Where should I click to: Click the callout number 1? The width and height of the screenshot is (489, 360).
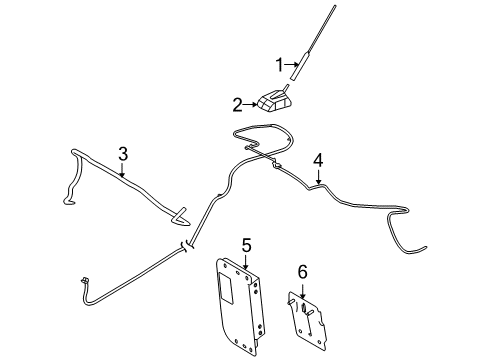(x=279, y=65)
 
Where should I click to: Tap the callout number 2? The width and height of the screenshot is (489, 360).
(x=237, y=105)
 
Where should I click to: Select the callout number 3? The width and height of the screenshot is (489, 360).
(x=123, y=154)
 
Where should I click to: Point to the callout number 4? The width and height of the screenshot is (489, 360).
(x=318, y=160)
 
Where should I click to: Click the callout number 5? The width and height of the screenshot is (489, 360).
(x=246, y=245)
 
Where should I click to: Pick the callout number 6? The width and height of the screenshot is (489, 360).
(x=302, y=272)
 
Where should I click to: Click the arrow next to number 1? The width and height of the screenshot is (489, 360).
(x=292, y=64)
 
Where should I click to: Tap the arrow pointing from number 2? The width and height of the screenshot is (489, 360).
(x=250, y=105)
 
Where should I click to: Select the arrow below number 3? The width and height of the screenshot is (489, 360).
(x=123, y=170)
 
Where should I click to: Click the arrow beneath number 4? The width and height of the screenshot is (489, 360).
(x=319, y=176)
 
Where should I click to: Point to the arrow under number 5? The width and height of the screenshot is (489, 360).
(x=246, y=262)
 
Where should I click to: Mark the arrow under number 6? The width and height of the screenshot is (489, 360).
(x=302, y=289)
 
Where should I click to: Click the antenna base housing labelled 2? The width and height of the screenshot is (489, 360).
(x=275, y=101)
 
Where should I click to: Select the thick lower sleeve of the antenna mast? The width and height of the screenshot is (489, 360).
(x=299, y=66)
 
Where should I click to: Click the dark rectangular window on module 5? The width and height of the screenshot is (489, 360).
(x=227, y=287)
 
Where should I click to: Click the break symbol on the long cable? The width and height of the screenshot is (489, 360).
(x=187, y=247)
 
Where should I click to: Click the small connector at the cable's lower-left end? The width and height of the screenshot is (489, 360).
(x=84, y=280)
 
